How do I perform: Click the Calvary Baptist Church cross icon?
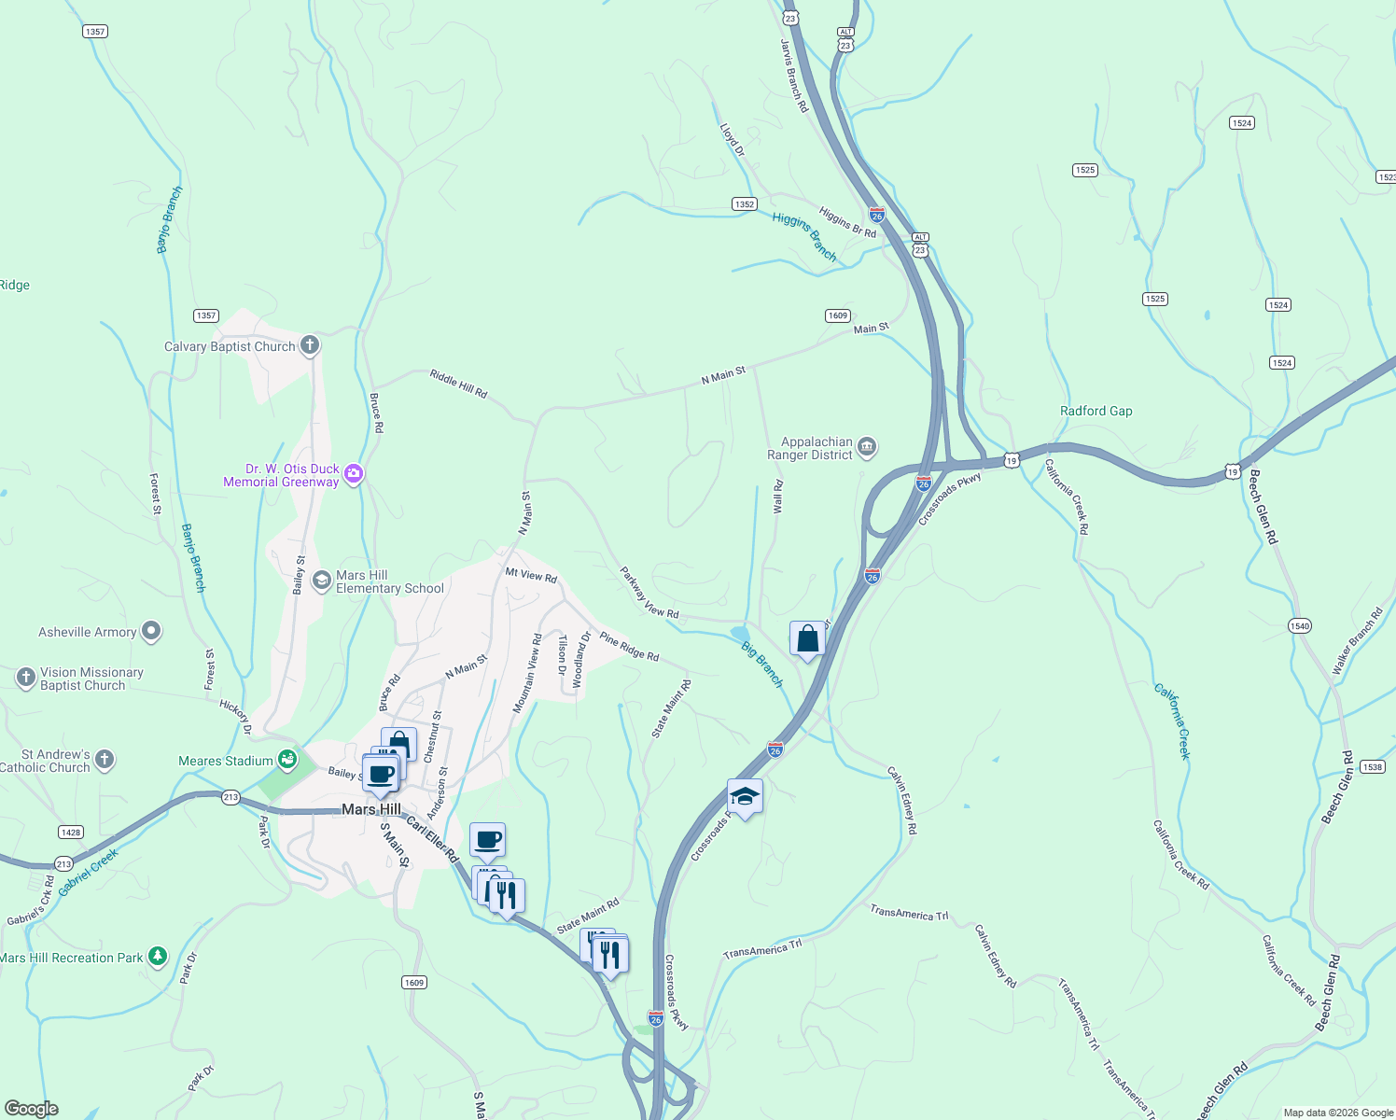tap(310, 345)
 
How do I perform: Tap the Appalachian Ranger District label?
tap(810, 449)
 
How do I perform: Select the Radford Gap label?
tap(1096, 411)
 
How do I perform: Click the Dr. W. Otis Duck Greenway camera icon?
tap(353, 474)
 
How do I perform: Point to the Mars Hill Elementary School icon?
tap(321, 581)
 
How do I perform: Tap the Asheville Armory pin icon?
tap(151, 632)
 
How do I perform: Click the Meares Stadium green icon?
tap(287, 760)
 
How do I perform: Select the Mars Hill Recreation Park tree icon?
tap(158, 957)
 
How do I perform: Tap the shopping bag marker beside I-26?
tap(807, 639)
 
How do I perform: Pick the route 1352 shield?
tap(744, 204)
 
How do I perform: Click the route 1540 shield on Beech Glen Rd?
tap(1300, 625)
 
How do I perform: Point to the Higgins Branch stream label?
tap(804, 236)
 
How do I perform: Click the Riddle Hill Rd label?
tap(458, 385)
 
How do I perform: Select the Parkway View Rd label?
tap(649, 593)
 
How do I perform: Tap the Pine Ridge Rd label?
tap(629, 647)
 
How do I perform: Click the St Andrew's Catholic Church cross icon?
tap(105, 759)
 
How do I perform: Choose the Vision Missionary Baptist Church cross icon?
tap(26, 677)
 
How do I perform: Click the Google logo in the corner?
tap(31, 1109)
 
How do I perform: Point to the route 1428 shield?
tap(70, 832)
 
